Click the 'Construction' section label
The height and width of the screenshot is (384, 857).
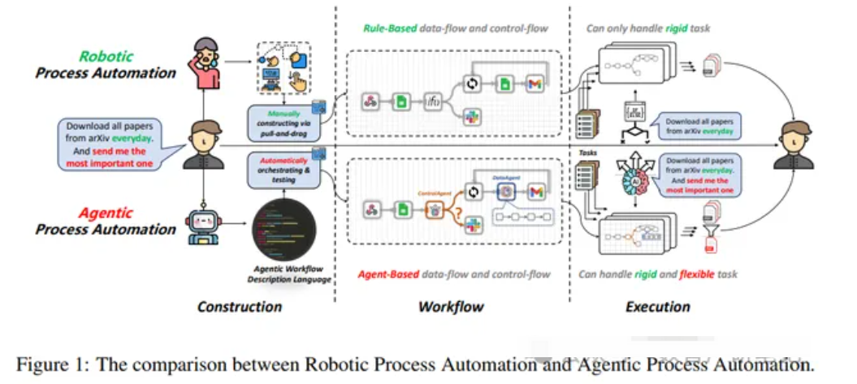click(239, 307)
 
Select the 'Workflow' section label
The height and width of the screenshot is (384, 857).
click(451, 307)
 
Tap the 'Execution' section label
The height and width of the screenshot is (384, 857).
click(657, 307)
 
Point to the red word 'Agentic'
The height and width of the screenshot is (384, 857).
click(106, 214)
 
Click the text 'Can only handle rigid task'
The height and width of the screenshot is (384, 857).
click(647, 29)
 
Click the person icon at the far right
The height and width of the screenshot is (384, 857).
click(794, 144)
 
